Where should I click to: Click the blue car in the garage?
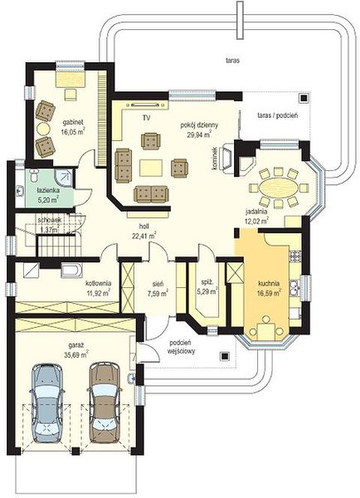click(46, 403)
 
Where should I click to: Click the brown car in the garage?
click(105, 402)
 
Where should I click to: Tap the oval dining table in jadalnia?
click(279, 188)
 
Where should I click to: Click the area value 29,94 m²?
click(200, 134)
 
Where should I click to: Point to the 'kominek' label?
click(216, 159)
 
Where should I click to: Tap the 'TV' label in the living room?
click(146, 118)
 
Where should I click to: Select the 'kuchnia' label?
click(269, 283)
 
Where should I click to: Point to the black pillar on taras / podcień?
click(304, 98)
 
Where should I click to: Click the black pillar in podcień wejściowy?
click(226, 356)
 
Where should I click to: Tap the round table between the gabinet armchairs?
click(43, 129)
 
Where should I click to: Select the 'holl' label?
click(144, 227)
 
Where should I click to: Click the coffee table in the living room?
click(151, 168)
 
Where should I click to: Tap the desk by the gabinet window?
click(71, 79)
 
